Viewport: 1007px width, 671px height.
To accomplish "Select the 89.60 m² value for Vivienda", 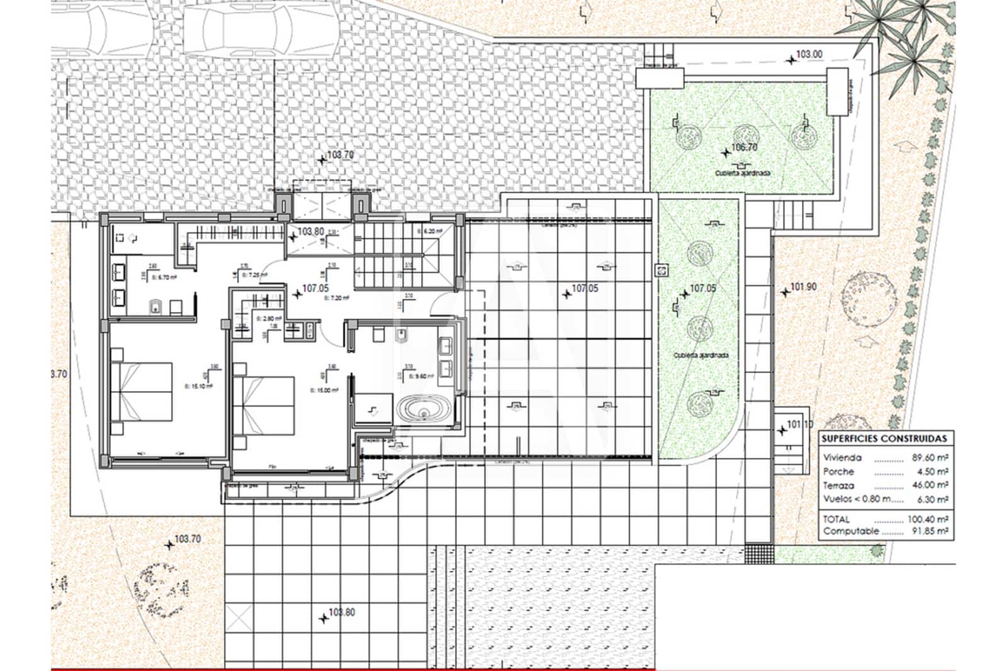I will (930, 458).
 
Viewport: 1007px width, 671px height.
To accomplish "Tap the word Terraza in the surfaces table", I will (838, 485).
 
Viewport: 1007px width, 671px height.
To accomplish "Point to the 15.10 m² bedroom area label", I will (198, 386).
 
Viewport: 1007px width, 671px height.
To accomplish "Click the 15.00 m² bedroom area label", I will (325, 390).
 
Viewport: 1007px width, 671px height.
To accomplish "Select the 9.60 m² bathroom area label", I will (419, 376).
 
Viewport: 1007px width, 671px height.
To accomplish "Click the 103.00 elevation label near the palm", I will (809, 55).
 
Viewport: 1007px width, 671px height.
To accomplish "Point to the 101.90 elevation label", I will (803, 287).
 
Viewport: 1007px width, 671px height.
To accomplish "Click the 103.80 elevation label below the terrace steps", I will (341, 612).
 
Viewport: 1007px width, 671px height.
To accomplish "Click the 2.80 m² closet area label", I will (268, 319).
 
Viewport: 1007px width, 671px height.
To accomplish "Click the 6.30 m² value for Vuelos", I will (931, 499).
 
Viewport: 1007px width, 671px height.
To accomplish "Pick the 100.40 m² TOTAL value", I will (930, 519).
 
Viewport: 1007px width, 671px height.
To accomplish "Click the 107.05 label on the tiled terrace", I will (585, 288).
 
